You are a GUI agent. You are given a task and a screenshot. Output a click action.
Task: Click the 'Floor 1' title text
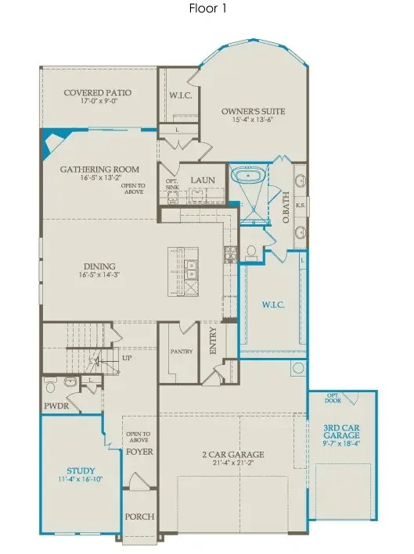click(207, 10)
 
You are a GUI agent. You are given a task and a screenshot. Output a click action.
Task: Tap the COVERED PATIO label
click(97, 93)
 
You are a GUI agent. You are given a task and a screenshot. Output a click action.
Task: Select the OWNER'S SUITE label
click(253, 112)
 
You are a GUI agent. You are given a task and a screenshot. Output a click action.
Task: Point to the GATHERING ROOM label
click(99, 169)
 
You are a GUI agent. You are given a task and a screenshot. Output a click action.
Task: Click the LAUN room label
click(193, 178)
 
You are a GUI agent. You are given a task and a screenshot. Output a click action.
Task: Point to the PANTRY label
click(182, 352)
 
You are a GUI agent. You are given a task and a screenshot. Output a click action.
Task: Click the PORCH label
click(139, 517)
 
